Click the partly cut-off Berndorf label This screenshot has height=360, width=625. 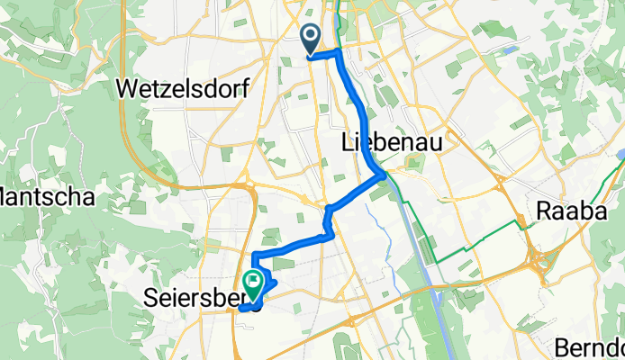tap(590, 346)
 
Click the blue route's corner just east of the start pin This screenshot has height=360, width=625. tap(339, 52)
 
